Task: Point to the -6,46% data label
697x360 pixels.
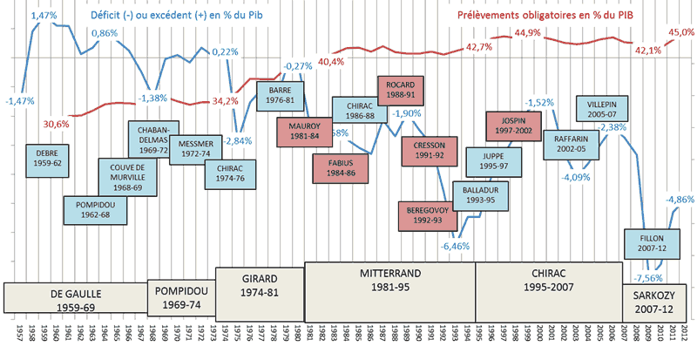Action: [x=455, y=247]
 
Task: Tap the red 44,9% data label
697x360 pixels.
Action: [x=530, y=32]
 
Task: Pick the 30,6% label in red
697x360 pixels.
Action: [x=58, y=123]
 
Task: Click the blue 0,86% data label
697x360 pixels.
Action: [x=105, y=33]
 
